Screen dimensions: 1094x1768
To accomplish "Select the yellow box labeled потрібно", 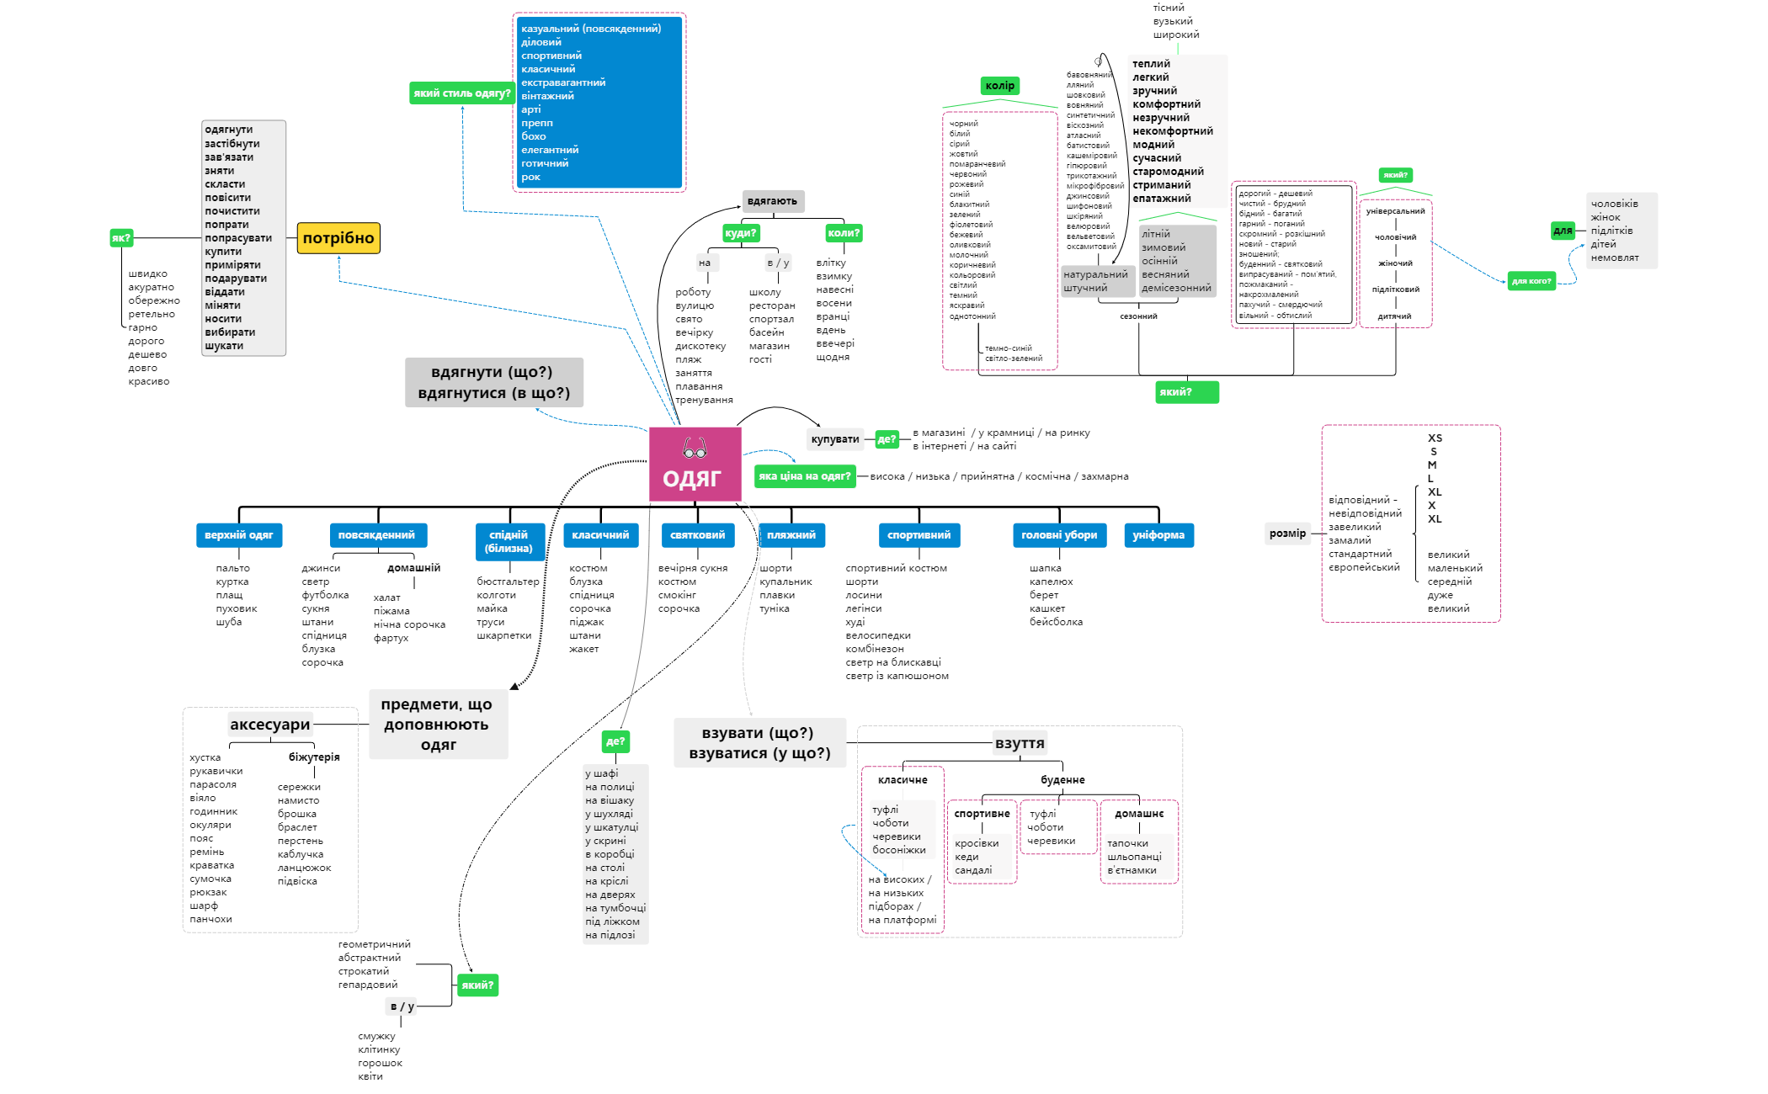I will point(338,238).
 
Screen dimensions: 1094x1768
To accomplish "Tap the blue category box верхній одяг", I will point(239,535).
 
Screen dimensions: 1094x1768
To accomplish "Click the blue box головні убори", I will point(1059,535).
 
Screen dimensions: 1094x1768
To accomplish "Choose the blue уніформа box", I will point(1158,535).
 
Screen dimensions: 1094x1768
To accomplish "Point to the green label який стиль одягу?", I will point(462,93).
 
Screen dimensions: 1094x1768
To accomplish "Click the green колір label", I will point(1000,86).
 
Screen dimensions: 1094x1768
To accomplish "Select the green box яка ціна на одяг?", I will point(805,476).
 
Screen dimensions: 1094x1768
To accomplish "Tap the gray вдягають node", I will point(773,201).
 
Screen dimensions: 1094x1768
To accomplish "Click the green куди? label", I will point(741,233).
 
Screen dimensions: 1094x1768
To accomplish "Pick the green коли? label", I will point(844,233).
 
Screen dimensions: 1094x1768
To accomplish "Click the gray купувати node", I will point(835,439).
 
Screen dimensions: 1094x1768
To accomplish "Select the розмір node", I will point(1288,534).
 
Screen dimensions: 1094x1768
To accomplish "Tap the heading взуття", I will point(1020,743).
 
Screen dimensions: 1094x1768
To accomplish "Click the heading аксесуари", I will point(270,725).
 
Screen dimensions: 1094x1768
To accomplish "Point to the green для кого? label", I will point(1531,281).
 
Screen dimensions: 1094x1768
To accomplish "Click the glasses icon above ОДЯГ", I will point(695,448).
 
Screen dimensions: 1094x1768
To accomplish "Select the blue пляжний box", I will point(791,535).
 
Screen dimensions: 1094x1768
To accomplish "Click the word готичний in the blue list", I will point(545,163).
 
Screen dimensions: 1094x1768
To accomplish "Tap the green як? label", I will point(121,238).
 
